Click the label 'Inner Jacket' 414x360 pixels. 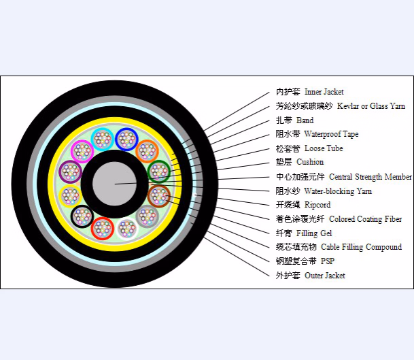pyautogui.click(x=324, y=92)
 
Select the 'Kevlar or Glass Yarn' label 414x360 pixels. pyautogui.click(x=371, y=106)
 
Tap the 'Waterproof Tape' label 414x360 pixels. pyautogui.click(x=331, y=134)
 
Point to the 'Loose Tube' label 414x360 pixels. pyautogui.click(x=324, y=148)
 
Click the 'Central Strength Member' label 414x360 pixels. pyautogui.click(x=370, y=176)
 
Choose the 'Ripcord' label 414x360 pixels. pyautogui.click(x=317, y=205)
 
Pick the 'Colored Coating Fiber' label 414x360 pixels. pyautogui.click(x=366, y=219)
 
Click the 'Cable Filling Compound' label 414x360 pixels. pyautogui.click(x=361, y=247)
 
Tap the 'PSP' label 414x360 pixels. pyautogui.click(x=328, y=261)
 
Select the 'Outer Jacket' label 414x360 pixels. pyautogui.click(x=325, y=276)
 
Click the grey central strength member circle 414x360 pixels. pyautogui.click(x=115, y=184)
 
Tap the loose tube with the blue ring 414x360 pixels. pyautogui.click(x=126, y=139)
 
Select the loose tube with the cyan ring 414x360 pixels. pyautogui.click(x=103, y=139)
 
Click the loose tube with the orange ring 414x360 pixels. pyautogui.click(x=148, y=152)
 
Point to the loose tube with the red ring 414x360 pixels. pyautogui.click(x=103, y=229)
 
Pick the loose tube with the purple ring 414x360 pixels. pyautogui.click(x=70, y=171)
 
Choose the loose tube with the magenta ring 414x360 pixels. pyautogui.click(x=82, y=152)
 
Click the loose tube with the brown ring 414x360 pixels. pyautogui.click(x=159, y=196)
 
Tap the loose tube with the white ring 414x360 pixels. pyautogui.click(x=127, y=229)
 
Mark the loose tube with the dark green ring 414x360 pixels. pyautogui.click(x=159, y=171)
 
